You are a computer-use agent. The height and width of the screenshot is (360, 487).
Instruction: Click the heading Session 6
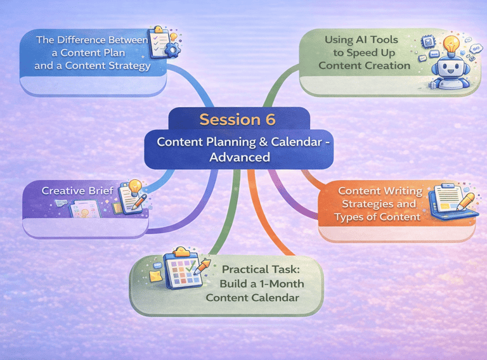pyautogui.click(x=238, y=119)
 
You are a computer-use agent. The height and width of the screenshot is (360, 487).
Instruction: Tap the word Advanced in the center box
pyautogui.click(x=240, y=157)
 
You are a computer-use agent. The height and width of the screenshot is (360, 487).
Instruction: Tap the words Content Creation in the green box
pyautogui.click(x=364, y=65)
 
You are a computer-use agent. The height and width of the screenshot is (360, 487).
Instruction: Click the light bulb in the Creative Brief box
pyautogui.click(x=134, y=188)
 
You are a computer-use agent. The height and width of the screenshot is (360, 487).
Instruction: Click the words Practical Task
pyautogui.click(x=263, y=269)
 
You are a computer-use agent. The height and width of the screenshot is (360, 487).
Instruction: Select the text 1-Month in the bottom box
pyautogui.click(x=279, y=283)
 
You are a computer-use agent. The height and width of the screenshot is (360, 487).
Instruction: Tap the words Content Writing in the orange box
pyautogui.click(x=379, y=191)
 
